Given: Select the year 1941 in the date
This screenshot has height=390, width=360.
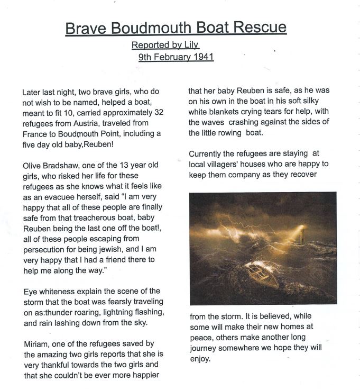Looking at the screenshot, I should click(202, 57).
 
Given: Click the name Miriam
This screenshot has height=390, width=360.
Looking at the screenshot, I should click(36, 344).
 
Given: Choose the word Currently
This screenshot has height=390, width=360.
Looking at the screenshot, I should click(208, 154).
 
